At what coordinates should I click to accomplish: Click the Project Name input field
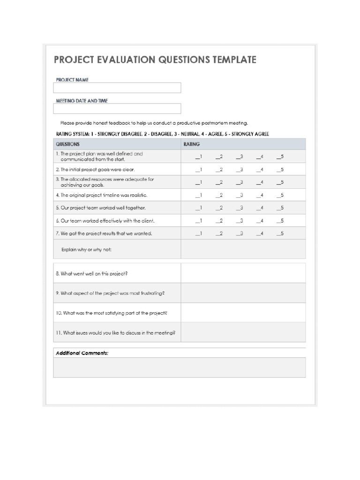pos(117,88)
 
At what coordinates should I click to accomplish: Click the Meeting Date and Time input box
pos(117,109)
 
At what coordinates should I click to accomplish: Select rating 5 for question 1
pos(280,157)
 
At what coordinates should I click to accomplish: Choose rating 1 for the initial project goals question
pos(198,170)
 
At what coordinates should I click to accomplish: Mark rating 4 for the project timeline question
pos(260,195)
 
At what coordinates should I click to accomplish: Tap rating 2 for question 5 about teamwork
pos(219,208)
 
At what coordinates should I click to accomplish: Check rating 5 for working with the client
pos(280,221)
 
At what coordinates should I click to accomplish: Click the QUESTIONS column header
pos(68,144)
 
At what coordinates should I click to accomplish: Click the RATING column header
pos(192,144)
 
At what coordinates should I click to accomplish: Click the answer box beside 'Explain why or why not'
pos(243,249)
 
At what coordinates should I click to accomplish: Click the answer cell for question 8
pos(243,273)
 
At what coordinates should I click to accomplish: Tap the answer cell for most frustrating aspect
pos(243,293)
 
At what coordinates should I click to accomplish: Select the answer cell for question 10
pos(243,313)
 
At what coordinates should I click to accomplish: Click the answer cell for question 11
pos(243,332)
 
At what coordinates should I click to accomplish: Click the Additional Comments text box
pos(180,367)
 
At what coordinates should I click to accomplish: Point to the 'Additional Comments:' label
pos(82,353)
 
